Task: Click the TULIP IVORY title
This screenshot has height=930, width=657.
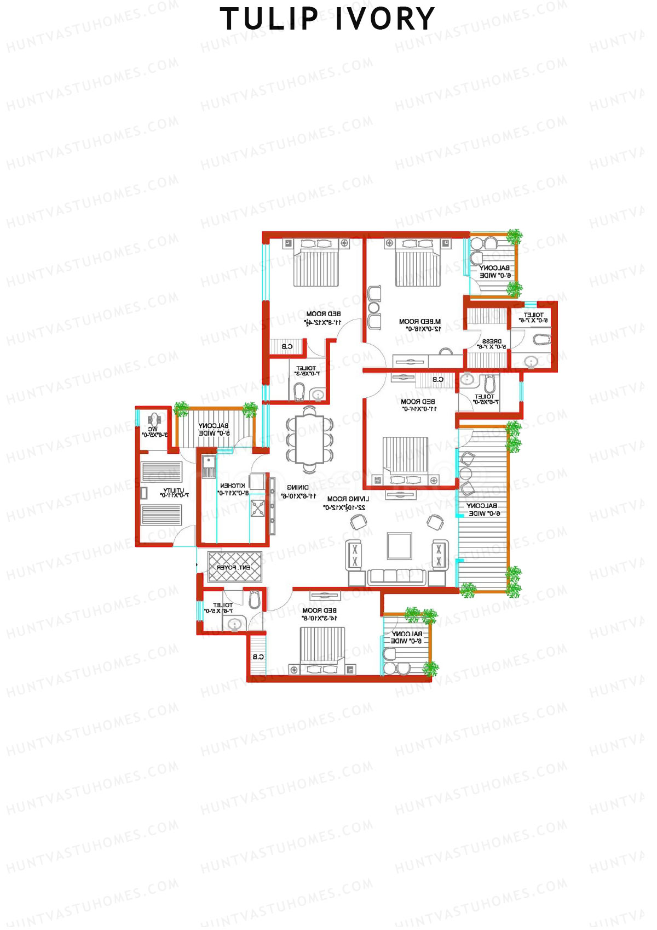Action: [x=327, y=19]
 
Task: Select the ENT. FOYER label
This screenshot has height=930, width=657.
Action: [x=234, y=568]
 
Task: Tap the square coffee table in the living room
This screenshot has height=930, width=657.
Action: [x=399, y=545]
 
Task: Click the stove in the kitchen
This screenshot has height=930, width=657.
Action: [x=257, y=508]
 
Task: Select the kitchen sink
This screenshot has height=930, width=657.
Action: [x=209, y=466]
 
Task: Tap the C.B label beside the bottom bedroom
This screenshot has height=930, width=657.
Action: [x=258, y=657]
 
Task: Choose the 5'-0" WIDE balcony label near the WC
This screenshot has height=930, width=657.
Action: [x=214, y=429]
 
